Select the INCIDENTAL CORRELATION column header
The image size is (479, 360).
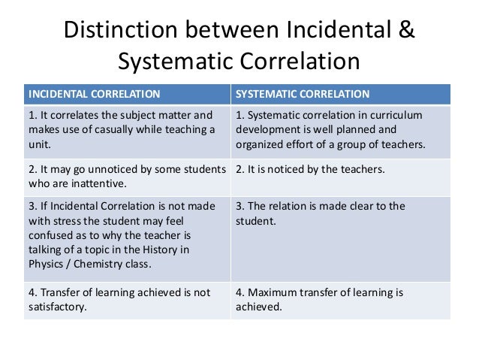coord(94,94)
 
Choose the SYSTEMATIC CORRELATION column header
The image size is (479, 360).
coord(303,94)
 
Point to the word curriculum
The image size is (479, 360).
coord(396,115)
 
